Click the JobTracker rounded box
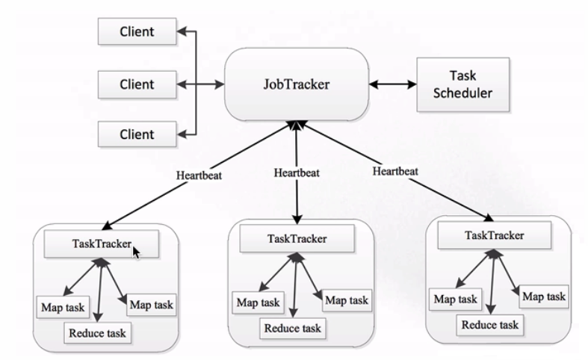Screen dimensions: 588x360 tap(297, 84)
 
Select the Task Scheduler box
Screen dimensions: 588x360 tap(462, 84)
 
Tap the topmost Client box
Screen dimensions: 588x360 tap(137, 31)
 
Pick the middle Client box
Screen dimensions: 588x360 tap(137, 84)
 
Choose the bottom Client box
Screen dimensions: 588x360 tap(137, 134)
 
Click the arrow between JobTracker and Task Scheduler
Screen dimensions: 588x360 tap(393, 84)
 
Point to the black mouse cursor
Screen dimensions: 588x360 tap(137, 252)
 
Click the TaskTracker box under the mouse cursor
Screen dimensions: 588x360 tap(102, 243)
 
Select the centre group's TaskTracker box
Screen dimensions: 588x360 tap(297, 238)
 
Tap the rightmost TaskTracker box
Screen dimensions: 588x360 tap(495, 235)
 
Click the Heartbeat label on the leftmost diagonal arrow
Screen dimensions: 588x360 tap(199, 175)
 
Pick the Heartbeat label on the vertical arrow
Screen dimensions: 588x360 tap(297, 173)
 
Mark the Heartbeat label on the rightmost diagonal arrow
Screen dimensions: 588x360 tap(395, 171)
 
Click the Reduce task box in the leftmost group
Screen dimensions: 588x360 tap(97, 332)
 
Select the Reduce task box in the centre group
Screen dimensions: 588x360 tap(292, 328)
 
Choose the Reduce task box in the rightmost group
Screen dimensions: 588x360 tap(489, 324)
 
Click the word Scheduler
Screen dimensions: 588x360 tap(462, 93)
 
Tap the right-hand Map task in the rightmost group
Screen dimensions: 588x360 tap(544, 297)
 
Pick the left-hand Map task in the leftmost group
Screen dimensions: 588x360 tap(63, 307)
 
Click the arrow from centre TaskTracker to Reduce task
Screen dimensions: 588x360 tap(295, 285)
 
